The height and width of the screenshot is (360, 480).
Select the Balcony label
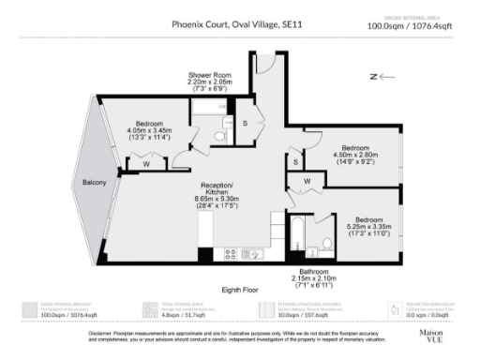pyautogui.click(x=93, y=182)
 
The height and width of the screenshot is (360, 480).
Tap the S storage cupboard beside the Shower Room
pyautogui.click(x=245, y=124)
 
